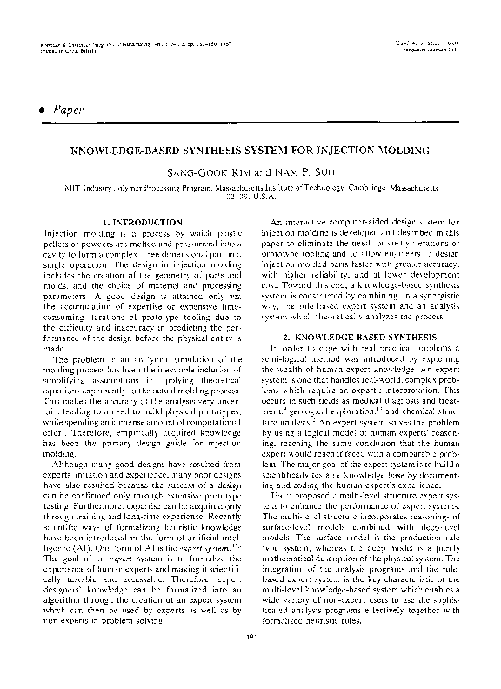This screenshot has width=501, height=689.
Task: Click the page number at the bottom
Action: pos(250,659)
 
